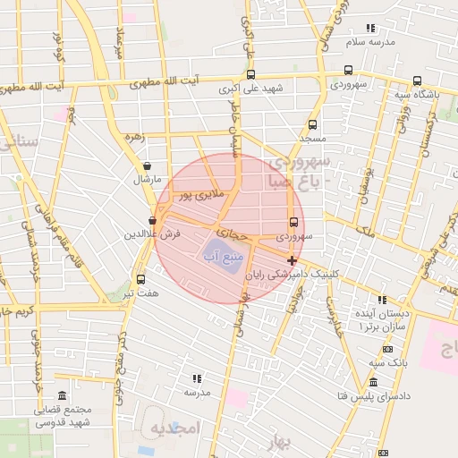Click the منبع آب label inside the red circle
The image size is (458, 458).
tap(220, 257)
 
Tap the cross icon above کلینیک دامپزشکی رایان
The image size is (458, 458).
tap(293, 260)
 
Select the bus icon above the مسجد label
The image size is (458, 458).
tap(312, 125)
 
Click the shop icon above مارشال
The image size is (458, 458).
tap(147, 165)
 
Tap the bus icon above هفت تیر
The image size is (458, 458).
tap(139, 278)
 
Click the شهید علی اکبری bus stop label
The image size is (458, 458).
tap(249, 89)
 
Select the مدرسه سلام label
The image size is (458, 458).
tap(370, 42)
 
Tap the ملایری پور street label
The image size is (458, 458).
tap(197, 192)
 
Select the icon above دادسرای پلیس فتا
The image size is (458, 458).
tap(373, 382)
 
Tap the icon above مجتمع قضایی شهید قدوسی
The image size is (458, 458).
tap(62, 395)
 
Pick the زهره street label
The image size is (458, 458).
tap(134, 137)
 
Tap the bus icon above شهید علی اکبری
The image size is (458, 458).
tap(250, 75)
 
